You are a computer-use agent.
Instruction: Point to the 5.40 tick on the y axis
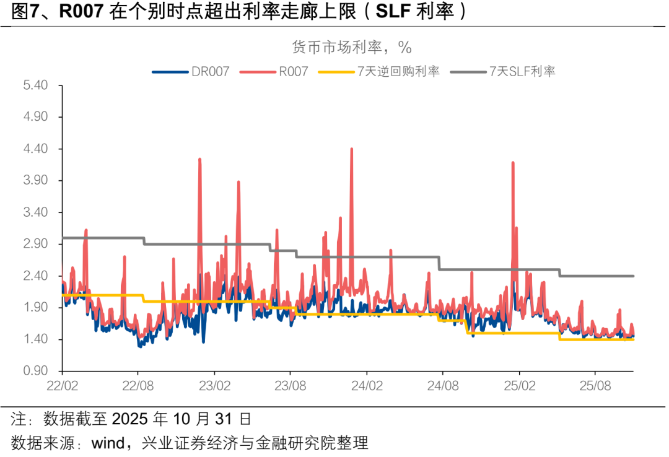pyautogui.click(x=35, y=85)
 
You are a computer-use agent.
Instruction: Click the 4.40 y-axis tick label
pyautogui.click(x=35, y=149)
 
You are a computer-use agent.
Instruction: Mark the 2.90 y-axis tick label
pyautogui.click(x=35, y=244)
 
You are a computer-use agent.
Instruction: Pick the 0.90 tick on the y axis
pyautogui.click(x=35, y=371)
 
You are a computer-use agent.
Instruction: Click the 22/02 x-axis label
pyautogui.click(x=62, y=385)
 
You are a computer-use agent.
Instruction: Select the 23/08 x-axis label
pyautogui.click(x=291, y=385)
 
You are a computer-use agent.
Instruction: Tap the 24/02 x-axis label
pyautogui.click(x=367, y=385)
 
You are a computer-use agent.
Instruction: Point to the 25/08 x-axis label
pyautogui.click(x=595, y=385)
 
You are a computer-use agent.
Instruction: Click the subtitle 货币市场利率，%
pyautogui.click(x=351, y=47)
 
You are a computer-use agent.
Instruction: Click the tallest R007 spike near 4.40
pyautogui.click(x=351, y=149)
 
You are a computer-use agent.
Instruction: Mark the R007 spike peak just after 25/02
pyautogui.click(x=513, y=162)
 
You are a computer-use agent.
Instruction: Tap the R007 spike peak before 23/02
pyautogui.click(x=200, y=159)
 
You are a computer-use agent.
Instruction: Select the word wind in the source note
pyautogui.click(x=108, y=443)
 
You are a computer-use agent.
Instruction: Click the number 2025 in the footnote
pyautogui.click(x=131, y=419)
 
